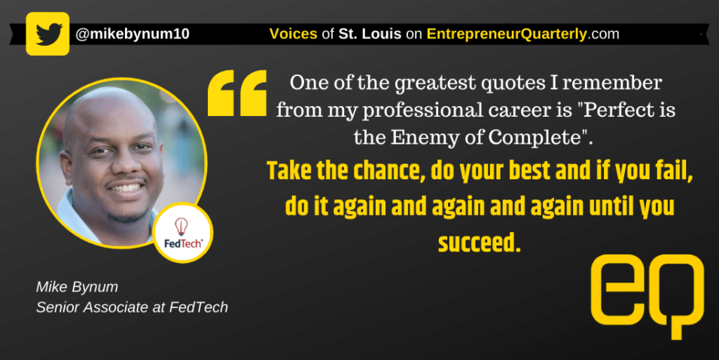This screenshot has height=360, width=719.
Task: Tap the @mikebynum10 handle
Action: point(133,34)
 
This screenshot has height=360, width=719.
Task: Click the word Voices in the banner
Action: point(293,33)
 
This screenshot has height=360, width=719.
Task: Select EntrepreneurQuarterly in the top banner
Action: point(507,34)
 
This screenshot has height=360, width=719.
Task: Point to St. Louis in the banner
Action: point(370,33)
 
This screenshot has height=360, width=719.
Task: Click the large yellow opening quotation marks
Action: point(237,93)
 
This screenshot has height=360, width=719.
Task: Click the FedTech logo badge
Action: point(182,233)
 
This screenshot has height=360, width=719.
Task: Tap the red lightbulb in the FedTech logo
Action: point(181,226)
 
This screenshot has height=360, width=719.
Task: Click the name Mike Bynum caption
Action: point(77,287)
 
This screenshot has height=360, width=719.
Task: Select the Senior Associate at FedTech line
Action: point(132,307)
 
